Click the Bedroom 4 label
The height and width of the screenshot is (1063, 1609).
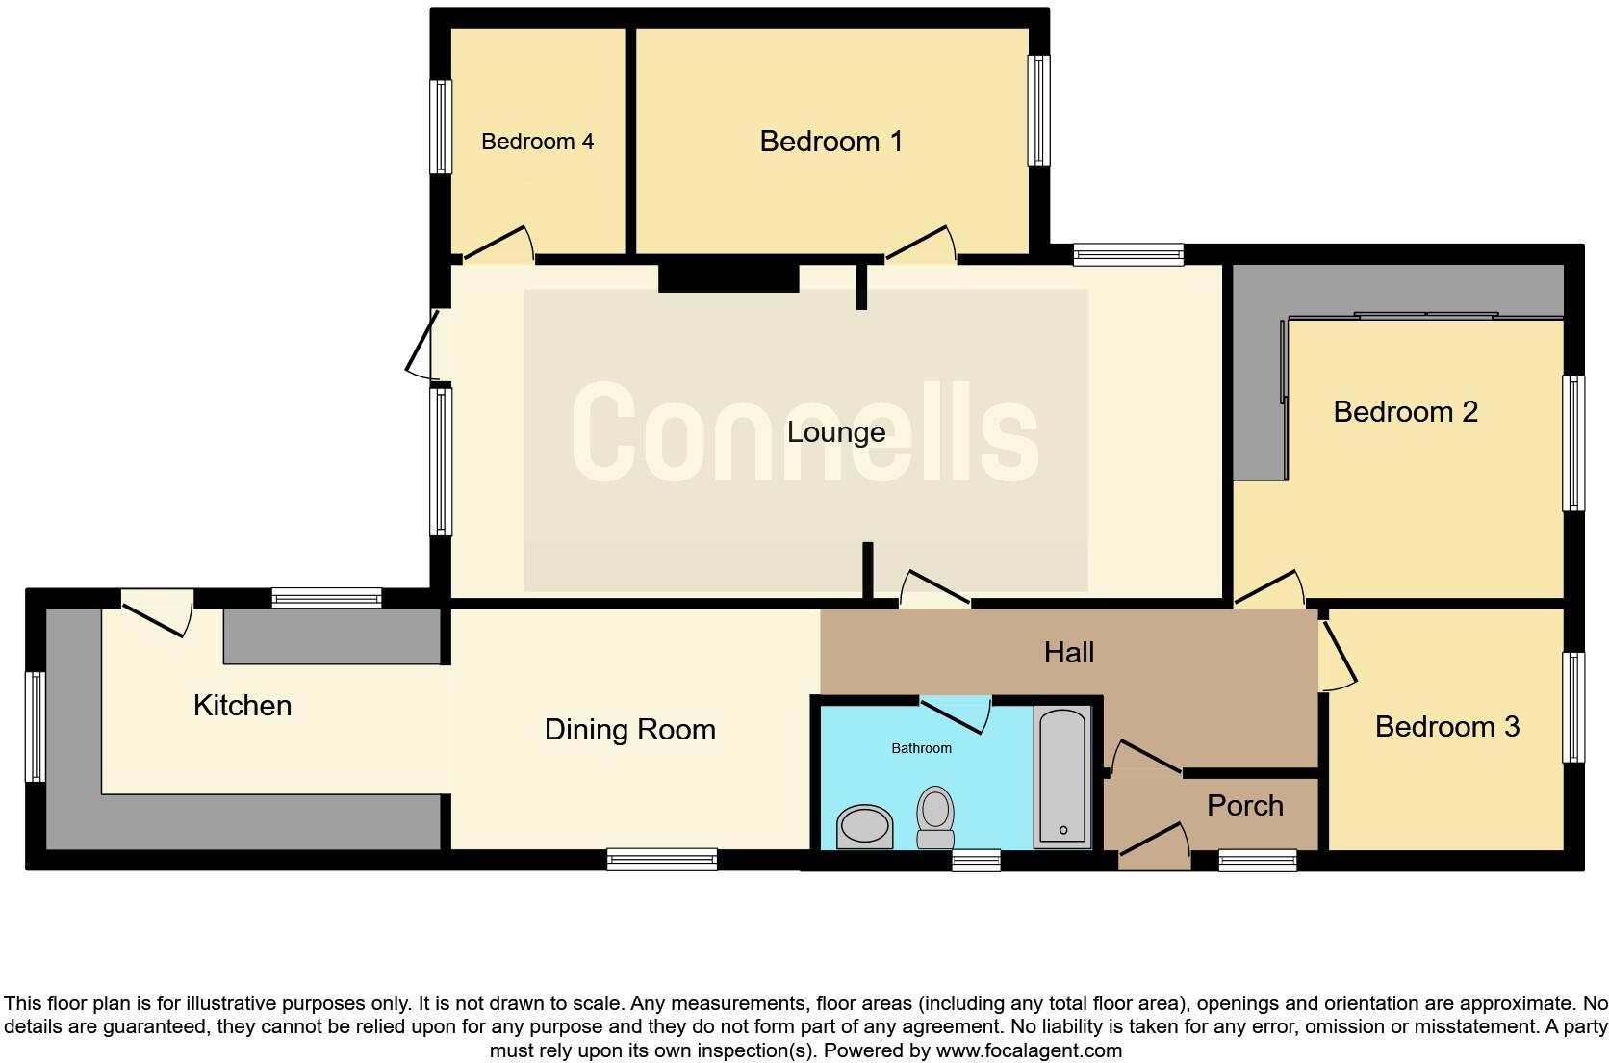(x=537, y=142)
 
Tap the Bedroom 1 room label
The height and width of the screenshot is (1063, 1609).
(x=830, y=142)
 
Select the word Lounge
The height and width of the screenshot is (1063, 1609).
(x=835, y=432)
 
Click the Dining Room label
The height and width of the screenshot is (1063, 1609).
(x=629, y=730)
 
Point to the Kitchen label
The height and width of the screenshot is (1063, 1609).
(x=242, y=706)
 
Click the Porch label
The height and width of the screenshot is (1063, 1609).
(x=1244, y=806)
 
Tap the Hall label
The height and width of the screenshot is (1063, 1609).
(x=1068, y=653)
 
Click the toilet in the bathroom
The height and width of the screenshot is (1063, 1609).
(x=934, y=817)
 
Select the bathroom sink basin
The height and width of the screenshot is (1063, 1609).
(x=864, y=827)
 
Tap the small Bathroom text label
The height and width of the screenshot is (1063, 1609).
(x=921, y=748)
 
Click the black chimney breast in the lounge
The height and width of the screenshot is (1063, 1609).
(x=728, y=278)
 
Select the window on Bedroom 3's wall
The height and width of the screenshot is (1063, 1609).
(x=1572, y=707)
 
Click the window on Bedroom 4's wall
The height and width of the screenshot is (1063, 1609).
(x=440, y=126)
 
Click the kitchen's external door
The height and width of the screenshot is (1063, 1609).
(x=156, y=614)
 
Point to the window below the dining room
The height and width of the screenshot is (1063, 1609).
(x=661, y=859)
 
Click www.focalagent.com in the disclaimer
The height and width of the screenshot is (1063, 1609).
(x=1028, y=1050)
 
